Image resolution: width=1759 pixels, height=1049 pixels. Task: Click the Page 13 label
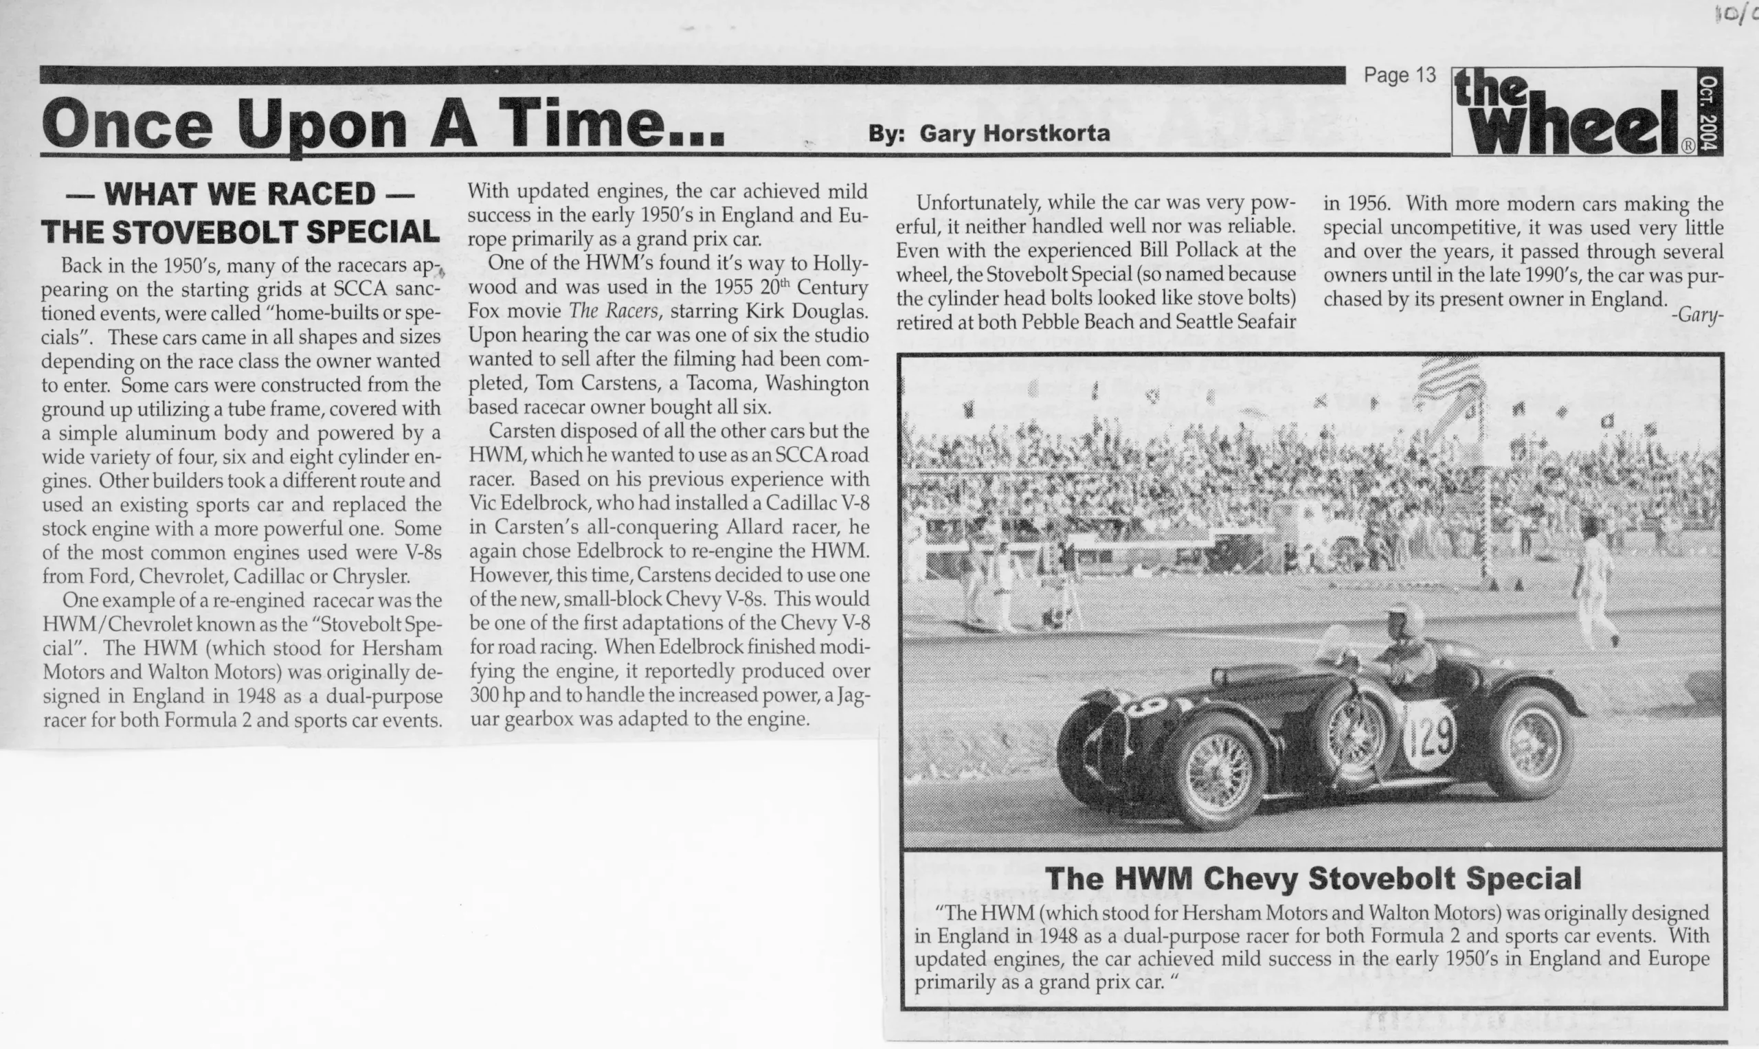[1399, 76]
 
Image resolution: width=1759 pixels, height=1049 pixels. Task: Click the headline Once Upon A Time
[383, 123]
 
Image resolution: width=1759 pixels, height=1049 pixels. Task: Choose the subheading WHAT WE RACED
[239, 194]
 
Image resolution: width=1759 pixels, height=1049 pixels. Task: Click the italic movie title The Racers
[613, 311]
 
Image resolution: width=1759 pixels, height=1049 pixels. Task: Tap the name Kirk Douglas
[806, 311]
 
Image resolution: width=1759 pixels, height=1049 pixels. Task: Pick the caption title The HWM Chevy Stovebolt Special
[1312, 879]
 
